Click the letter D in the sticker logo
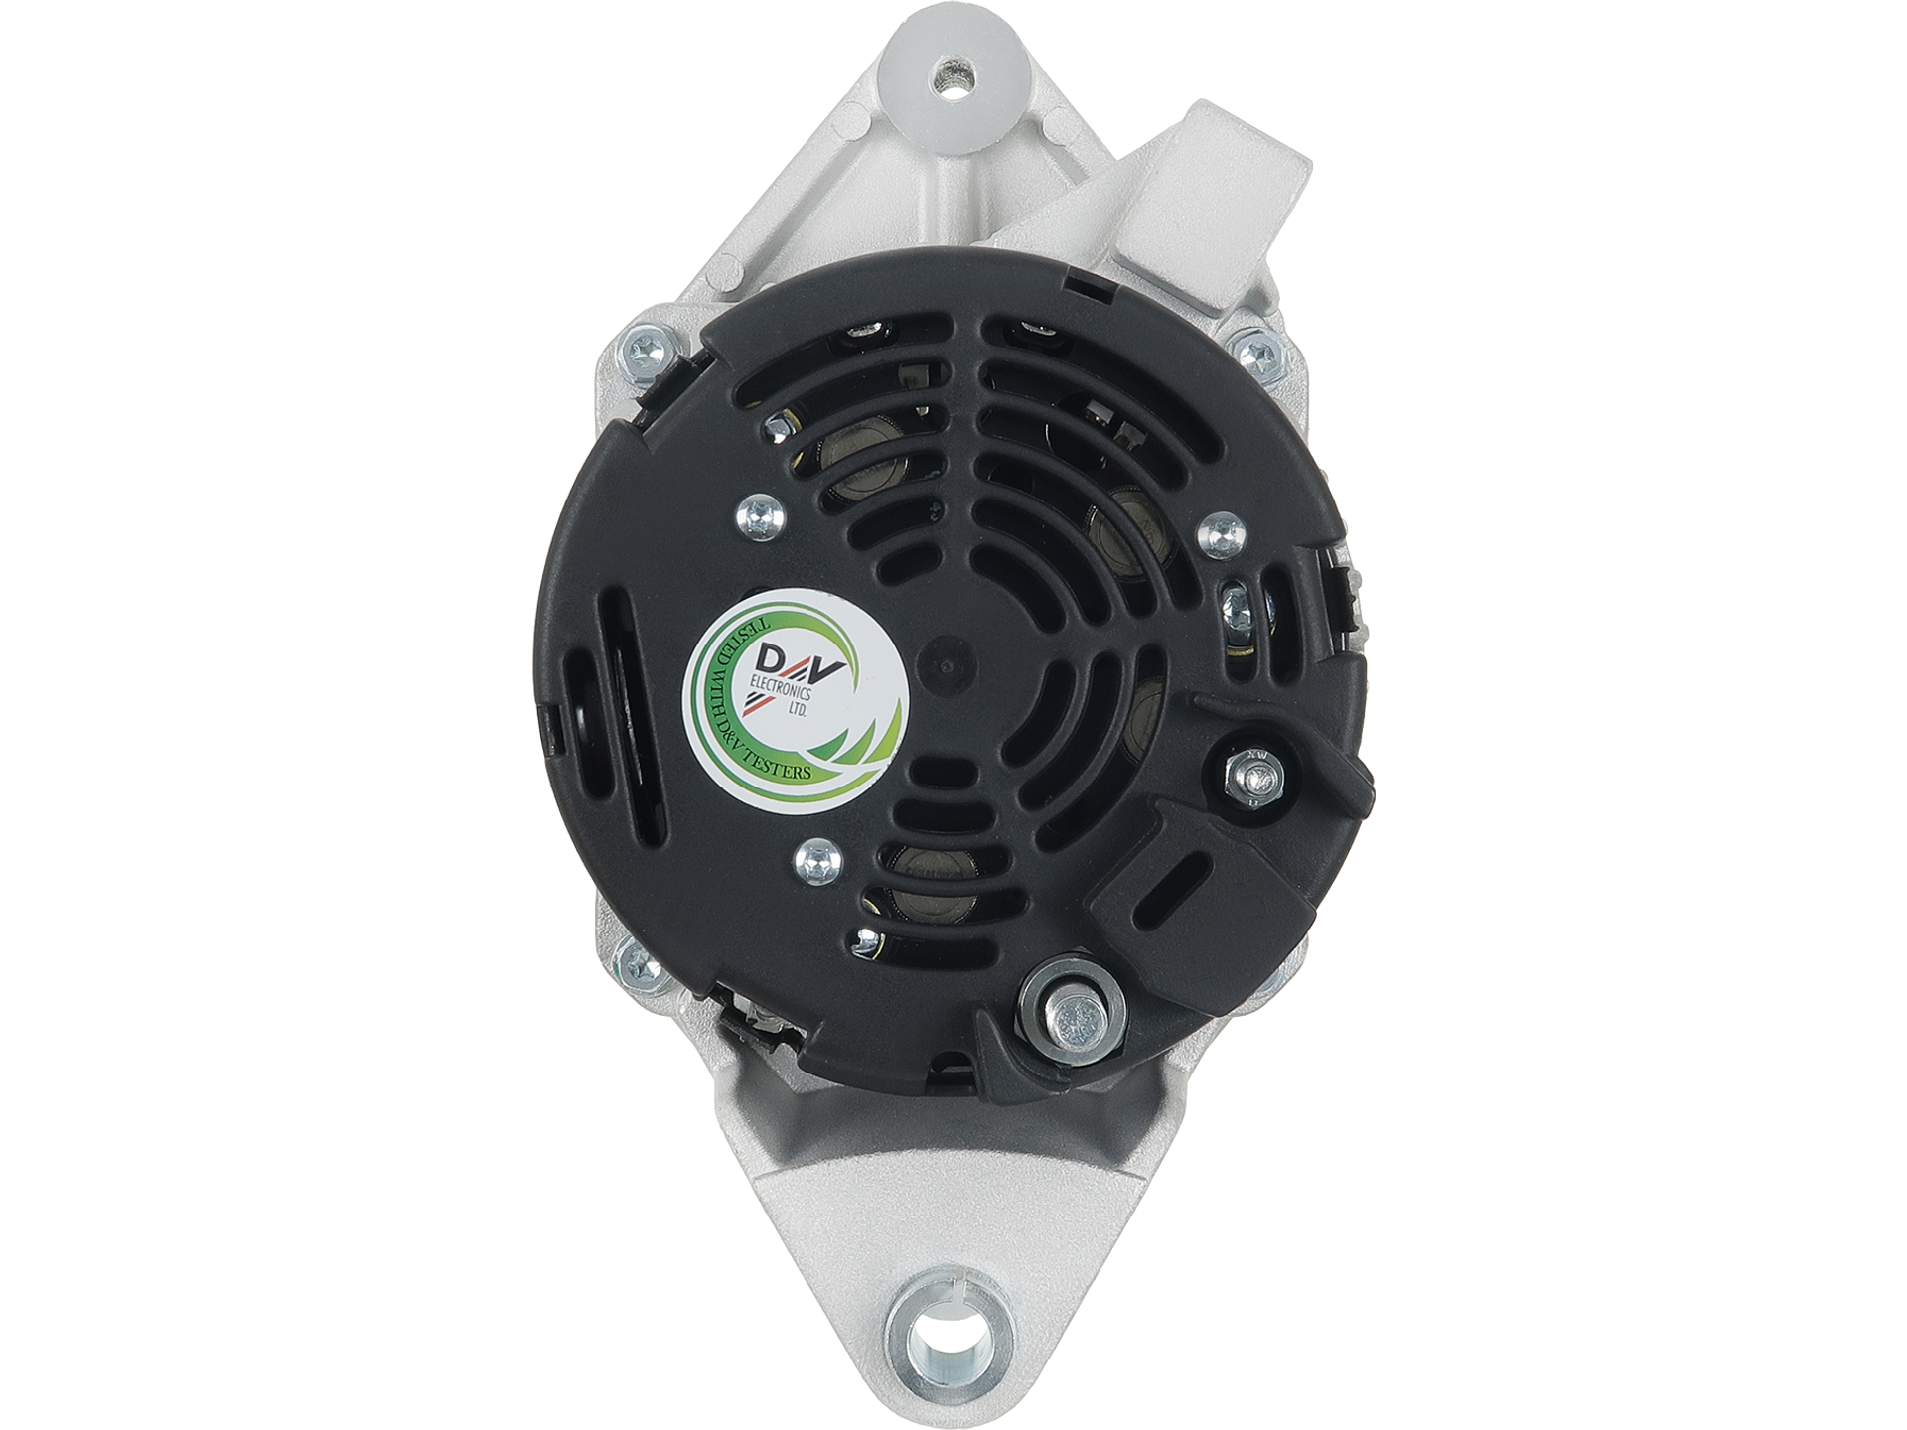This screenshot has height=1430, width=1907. (769, 657)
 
